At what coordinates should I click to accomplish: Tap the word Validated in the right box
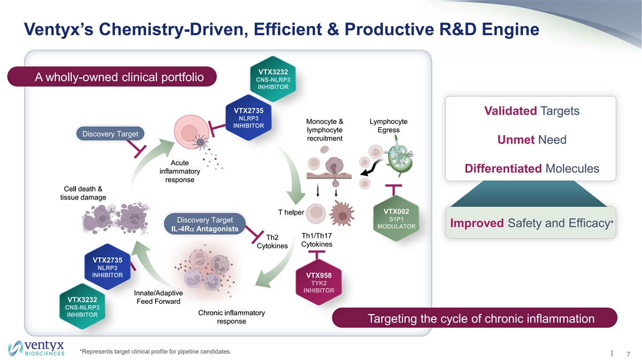(x=510, y=111)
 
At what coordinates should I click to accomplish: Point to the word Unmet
(x=516, y=140)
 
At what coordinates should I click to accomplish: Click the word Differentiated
(x=503, y=169)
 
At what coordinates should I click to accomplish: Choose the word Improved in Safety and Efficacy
(x=476, y=223)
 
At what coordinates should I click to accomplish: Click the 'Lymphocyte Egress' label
(x=388, y=126)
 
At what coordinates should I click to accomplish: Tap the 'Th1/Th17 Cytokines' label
(x=317, y=240)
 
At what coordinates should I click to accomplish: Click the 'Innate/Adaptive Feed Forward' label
(x=158, y=297)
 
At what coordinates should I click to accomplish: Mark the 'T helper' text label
(x=291, y=213)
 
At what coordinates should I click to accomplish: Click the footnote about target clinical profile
(x=155, y=351)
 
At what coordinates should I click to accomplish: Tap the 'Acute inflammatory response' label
(x=180, y=171)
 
